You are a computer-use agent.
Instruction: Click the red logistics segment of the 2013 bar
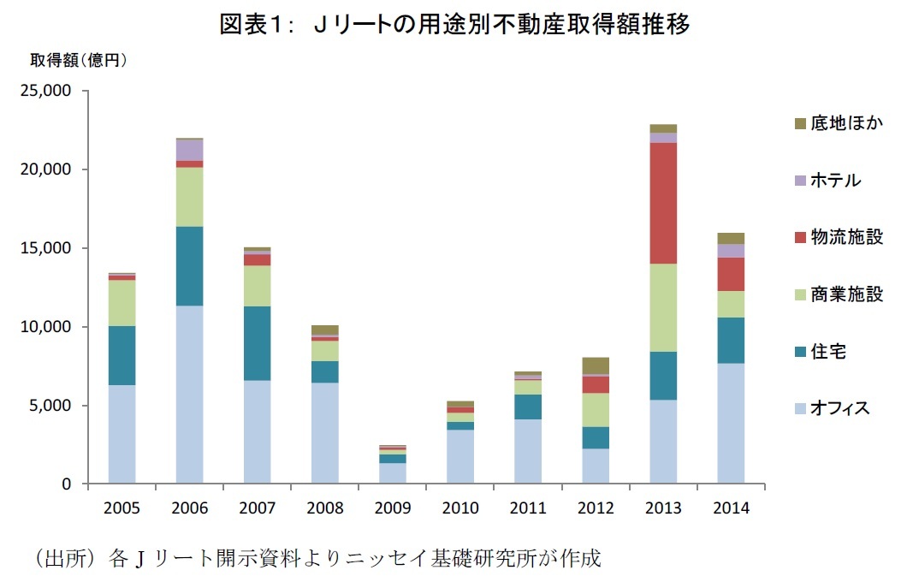[x=663, y=203]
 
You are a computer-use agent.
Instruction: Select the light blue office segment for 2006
[x=189, y=395]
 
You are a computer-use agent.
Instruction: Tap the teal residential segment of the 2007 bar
[x=257, y=343]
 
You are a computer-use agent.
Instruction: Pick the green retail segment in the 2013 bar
[x=663, y=307]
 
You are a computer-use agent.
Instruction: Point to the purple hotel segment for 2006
[x=189, y=150]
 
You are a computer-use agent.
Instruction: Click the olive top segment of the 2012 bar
[x=596, y=365]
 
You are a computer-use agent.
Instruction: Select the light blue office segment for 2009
[x=392, y=473]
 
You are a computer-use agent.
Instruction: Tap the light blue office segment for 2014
[x=731, y=424]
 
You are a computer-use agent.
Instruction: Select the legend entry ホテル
[x=835, y=181]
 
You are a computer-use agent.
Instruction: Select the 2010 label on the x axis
[x=459, y=508]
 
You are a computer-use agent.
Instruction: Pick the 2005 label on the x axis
[x=122, y=508]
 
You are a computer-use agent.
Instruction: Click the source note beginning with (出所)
[x=317, y=559]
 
